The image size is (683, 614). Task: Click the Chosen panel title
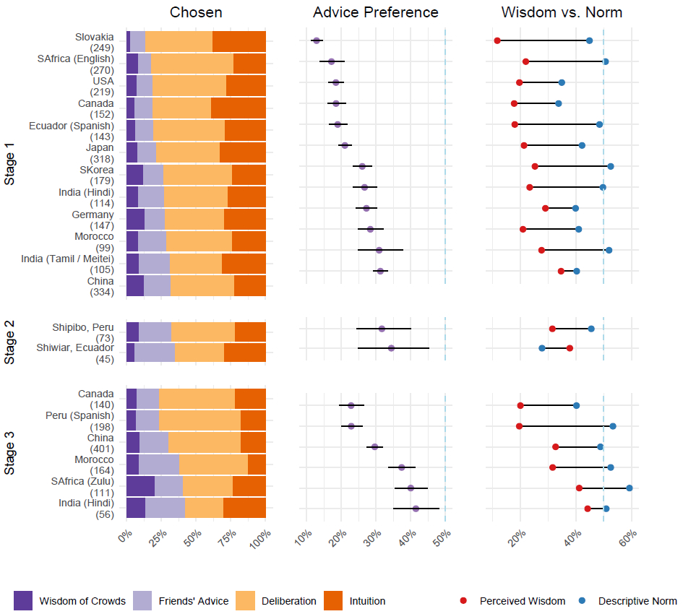pyautogui.click(x=196, y=12)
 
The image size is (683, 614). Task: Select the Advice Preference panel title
pyautogui.click(x=375, y=12)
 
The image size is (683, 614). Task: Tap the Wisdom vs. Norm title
pyautogui.click(x=562, y=12)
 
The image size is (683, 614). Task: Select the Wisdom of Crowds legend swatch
pyautogui.click(x=24, y=600)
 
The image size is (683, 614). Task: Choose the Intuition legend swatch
pyautogui.click(x=335, y=600)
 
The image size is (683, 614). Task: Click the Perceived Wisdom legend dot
pyautogui.click(x=463, y=600)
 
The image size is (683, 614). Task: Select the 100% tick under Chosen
pyautogui.click(x=262, y=538)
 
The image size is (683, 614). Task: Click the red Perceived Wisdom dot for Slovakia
pyautogui.click(x=497, y=40)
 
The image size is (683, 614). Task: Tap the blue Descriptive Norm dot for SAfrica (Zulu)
pyautogui.click(x=630, y=488)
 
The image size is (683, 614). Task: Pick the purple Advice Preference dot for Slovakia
pyautogui.click(x=317, y=40)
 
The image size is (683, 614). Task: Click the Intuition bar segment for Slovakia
pyautogui.click(x=239, y=41)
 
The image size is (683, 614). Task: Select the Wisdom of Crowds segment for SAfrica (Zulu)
pyautogui.click(x=140, y=487)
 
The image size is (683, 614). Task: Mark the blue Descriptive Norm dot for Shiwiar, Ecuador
pyautogui.click(x=542, y=348)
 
